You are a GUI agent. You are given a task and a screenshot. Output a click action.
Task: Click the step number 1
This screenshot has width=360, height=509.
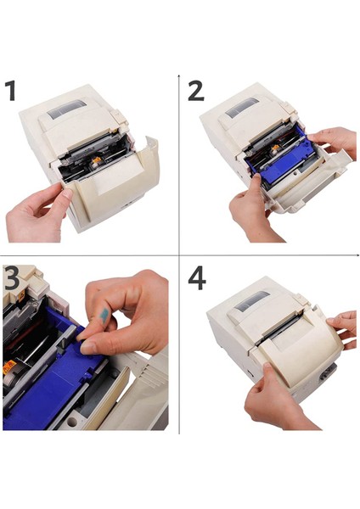click(x=11, y=92)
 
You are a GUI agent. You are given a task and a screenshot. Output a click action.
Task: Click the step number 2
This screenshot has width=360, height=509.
click(x=196, y=91)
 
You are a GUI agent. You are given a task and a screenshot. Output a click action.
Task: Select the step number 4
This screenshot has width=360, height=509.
click(x=197, y=278)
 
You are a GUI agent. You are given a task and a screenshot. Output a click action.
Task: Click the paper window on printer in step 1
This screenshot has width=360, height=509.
click(x=66, y=109)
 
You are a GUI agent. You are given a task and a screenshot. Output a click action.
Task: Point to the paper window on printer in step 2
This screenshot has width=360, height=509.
click(x=242, y=107)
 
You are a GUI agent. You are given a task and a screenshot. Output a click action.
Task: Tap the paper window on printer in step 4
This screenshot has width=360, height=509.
click(x=252, y=300)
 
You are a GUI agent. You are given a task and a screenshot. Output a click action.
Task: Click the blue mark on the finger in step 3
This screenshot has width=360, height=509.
click(x=104, y=316)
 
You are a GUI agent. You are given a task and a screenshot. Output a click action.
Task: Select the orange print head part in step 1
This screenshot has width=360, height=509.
click(x=96, y=159)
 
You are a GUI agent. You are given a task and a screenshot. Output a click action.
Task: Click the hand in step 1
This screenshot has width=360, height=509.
click(x=37, y=213)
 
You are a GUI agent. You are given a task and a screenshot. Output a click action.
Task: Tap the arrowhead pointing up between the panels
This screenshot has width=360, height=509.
click(x=178, y=76)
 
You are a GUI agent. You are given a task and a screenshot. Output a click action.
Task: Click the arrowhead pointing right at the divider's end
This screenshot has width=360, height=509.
click(x=357, y=255)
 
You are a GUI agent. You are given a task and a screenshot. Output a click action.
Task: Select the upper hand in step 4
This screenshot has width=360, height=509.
click(x=342, y=329)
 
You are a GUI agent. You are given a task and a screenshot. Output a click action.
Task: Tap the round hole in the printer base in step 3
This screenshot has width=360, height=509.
click(x=72, y=422)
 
